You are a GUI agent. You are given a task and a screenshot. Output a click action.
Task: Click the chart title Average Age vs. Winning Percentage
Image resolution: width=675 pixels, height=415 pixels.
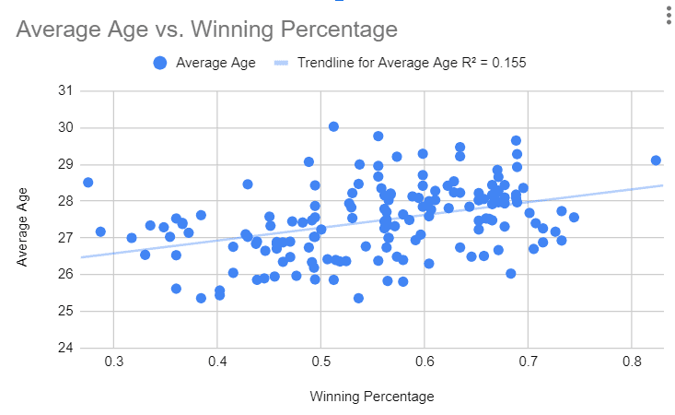tap(206, 30)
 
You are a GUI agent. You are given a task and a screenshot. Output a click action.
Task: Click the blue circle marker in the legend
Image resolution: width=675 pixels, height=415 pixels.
tap(160, 63)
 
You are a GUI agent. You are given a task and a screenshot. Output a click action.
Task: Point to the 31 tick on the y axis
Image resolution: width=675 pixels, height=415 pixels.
tap(64, 90)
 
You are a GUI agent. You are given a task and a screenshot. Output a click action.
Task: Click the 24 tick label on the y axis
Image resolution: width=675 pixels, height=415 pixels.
tap(64, 348)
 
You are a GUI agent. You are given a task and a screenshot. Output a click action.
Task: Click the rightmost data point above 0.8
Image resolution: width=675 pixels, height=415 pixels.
tap(656, 160)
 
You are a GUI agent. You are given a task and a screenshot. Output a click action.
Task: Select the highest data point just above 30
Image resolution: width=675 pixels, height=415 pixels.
tap(333, 126)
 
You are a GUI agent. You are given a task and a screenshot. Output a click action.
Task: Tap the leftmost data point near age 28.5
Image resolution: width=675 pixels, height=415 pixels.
tap(87, 183)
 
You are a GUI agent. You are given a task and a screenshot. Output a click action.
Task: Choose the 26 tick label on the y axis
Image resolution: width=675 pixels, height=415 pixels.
tap(64, 274)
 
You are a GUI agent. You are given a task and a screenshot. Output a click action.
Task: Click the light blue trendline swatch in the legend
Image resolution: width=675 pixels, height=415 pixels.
tap(281, 63)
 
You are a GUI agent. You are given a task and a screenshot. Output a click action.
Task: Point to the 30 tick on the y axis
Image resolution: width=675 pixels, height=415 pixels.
tap(64, 127)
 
